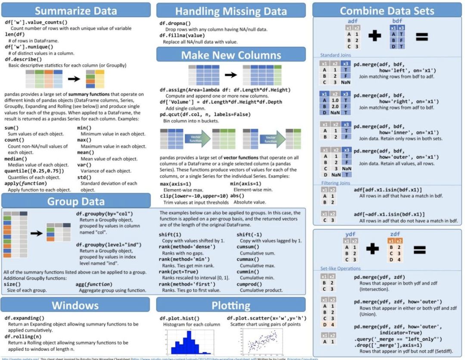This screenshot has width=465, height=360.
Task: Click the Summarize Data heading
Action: pyautogui.click(x=76, y=11)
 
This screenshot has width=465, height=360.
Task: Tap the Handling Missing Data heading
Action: pyautogui.click(x=231, y=11)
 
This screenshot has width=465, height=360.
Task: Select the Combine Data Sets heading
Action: pyautogui.click(x=387, y=11)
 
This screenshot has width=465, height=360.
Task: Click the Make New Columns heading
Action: pyautogui.click(x=231, y=55)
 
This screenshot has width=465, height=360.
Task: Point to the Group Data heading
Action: pyautogui.click(x=76, y=201)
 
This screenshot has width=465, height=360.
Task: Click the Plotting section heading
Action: pyautogui.click(x=231, y=305)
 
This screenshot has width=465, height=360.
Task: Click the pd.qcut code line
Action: pyautogui.click(x=205, y=114)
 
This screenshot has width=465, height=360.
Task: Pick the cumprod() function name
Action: pyautogui.click(x=248, y=284)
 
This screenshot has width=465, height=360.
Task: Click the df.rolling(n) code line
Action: pyautogui.click(x=23, y=336)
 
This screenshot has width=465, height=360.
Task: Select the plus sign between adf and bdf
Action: pyautogui.click(x=375, y=36)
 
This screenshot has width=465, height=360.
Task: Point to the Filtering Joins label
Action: pyautogui.click(x=336, y=183)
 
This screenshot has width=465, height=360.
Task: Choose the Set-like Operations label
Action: pyautogui.click(x=340, y=269)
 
